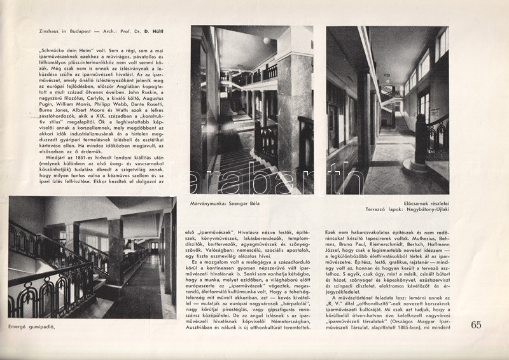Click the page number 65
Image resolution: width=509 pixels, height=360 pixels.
(x=477, y=325)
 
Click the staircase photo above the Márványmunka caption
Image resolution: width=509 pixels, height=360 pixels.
(x=251, y=109)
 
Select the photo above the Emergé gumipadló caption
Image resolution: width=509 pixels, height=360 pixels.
(x=92, y=257)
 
